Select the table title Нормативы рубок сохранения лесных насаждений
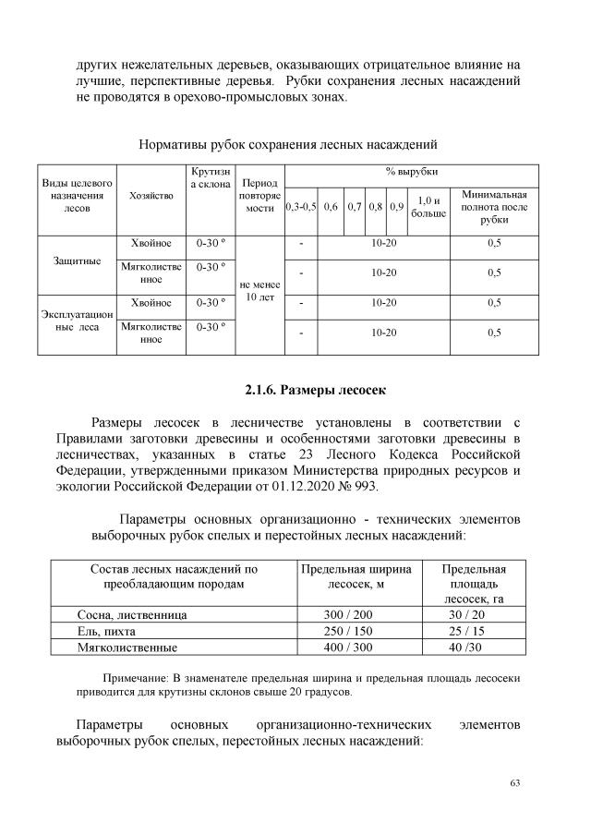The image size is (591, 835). (x=286, y=145)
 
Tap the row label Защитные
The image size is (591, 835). (x=78, y=260)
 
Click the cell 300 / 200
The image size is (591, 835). (x=356, y=614)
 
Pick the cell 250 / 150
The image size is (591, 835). (x=356, y=631)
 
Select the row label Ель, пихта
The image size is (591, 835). (x=106, y=631)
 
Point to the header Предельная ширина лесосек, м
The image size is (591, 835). (x=356, y=576)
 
